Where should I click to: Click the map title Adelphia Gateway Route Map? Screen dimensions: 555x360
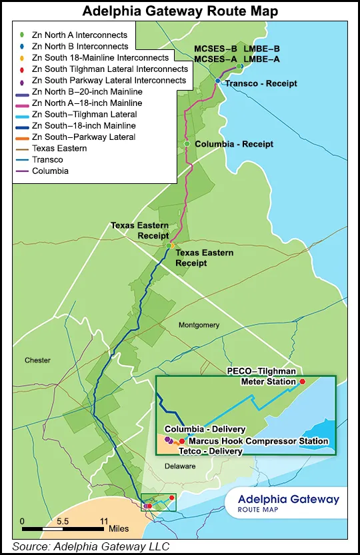point(179,11)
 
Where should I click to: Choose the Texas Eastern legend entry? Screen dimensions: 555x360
point(59,148)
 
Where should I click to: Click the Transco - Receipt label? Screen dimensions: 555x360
point(261,83)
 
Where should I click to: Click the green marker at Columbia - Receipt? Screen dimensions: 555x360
point(188,144)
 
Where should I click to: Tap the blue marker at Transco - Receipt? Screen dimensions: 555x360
point(218,81)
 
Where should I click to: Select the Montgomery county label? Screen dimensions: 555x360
point(199,324)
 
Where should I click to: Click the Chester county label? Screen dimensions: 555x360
point(37,360)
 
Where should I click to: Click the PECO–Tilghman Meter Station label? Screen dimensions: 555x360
point(260,376)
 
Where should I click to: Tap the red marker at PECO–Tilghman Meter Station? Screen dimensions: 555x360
point(302,381)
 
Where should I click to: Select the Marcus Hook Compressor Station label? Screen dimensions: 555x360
point(258,441)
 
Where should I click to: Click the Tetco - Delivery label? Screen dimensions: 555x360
point(205,451)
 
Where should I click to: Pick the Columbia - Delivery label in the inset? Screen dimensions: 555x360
point(205,429)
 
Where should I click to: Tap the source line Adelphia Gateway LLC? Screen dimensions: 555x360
point(90,546)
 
